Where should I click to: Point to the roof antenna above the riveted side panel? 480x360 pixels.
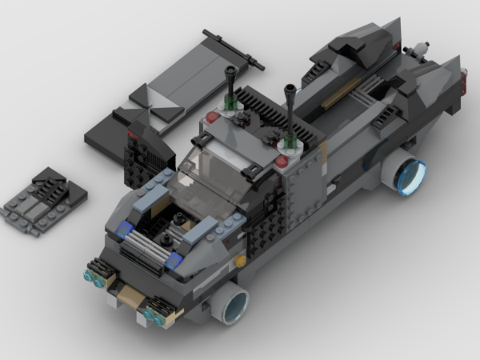pos(290,112)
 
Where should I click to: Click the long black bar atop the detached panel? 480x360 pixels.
pos(233,49)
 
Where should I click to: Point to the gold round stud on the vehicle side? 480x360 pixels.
pos(239,262)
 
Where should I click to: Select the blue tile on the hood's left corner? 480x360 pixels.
pos(124,231)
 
